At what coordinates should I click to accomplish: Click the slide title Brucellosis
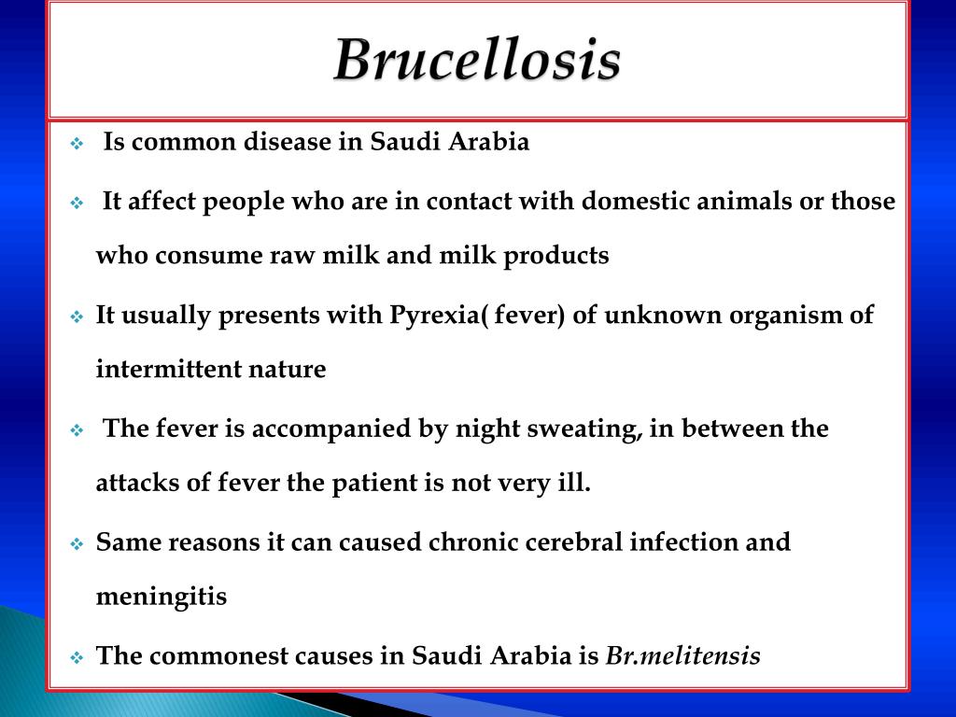point(477,62)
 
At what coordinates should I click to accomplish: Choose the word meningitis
point(162,597)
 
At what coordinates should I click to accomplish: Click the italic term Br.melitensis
point(683,656)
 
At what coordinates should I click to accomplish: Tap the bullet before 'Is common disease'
point(77,145)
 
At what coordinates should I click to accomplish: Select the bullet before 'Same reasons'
point(77,543)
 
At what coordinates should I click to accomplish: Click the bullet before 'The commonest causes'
point(77,657)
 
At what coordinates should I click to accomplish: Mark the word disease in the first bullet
point(319,143)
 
